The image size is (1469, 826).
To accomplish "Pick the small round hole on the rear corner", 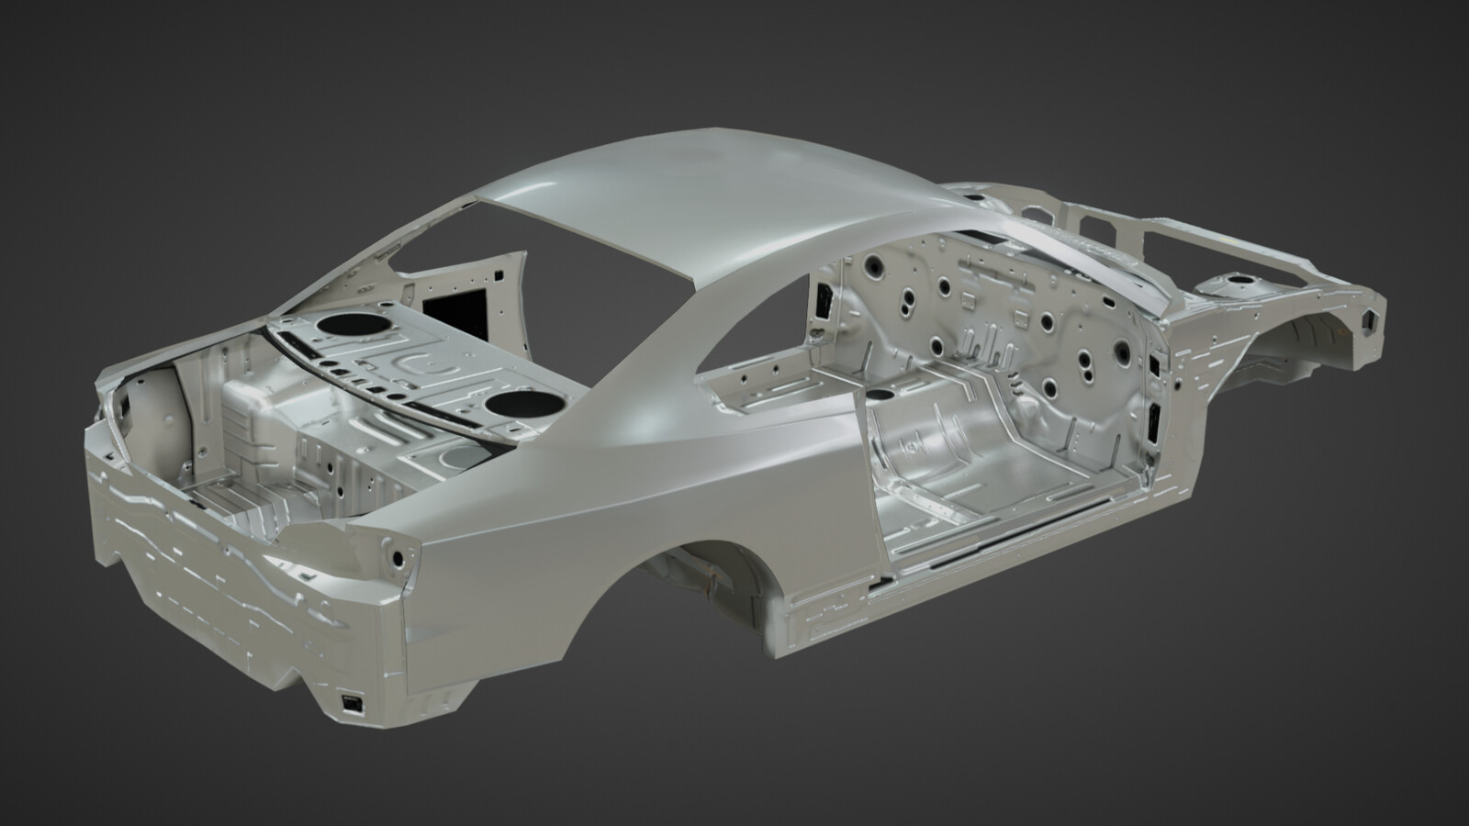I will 397,557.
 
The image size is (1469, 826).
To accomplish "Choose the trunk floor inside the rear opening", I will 239,500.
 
